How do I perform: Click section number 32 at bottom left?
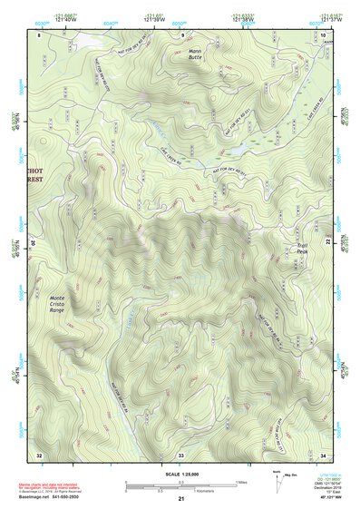coord(39,454)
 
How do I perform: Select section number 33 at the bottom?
coord(180,454)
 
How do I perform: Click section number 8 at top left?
coord(40,34)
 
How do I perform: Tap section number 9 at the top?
coord(181,34)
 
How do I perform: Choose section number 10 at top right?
coord(324,34)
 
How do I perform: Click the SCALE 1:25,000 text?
coord(180,474)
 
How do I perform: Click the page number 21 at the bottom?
coord(180,499)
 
